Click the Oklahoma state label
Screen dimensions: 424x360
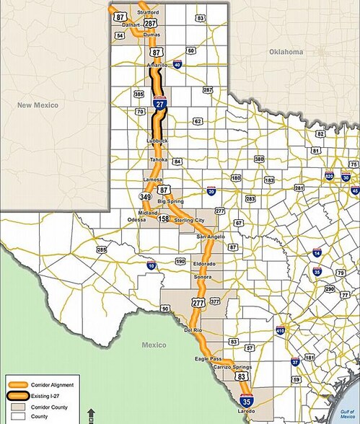tap(286, 53)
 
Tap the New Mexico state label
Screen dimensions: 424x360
tap(38, 105)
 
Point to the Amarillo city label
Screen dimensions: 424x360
tap(157, 66)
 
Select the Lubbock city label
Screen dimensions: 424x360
tap(157, 140)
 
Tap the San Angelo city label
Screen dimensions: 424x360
tap(212, 237)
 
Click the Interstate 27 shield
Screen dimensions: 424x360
tap(160, 105)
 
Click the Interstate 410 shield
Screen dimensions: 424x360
tap(281, 330)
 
